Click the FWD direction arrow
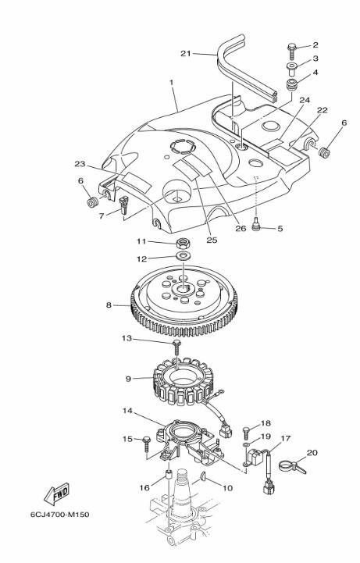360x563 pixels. click(57, 494)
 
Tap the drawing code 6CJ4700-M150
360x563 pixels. click(60, 515)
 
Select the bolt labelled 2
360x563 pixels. click(292, 52)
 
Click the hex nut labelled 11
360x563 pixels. click(183, 244)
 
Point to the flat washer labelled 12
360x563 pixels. click(184, 256)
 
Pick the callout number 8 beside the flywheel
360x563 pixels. click(109, 305)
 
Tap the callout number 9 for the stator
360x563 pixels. click(128, 379)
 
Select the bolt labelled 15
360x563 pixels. click(148, 444)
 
